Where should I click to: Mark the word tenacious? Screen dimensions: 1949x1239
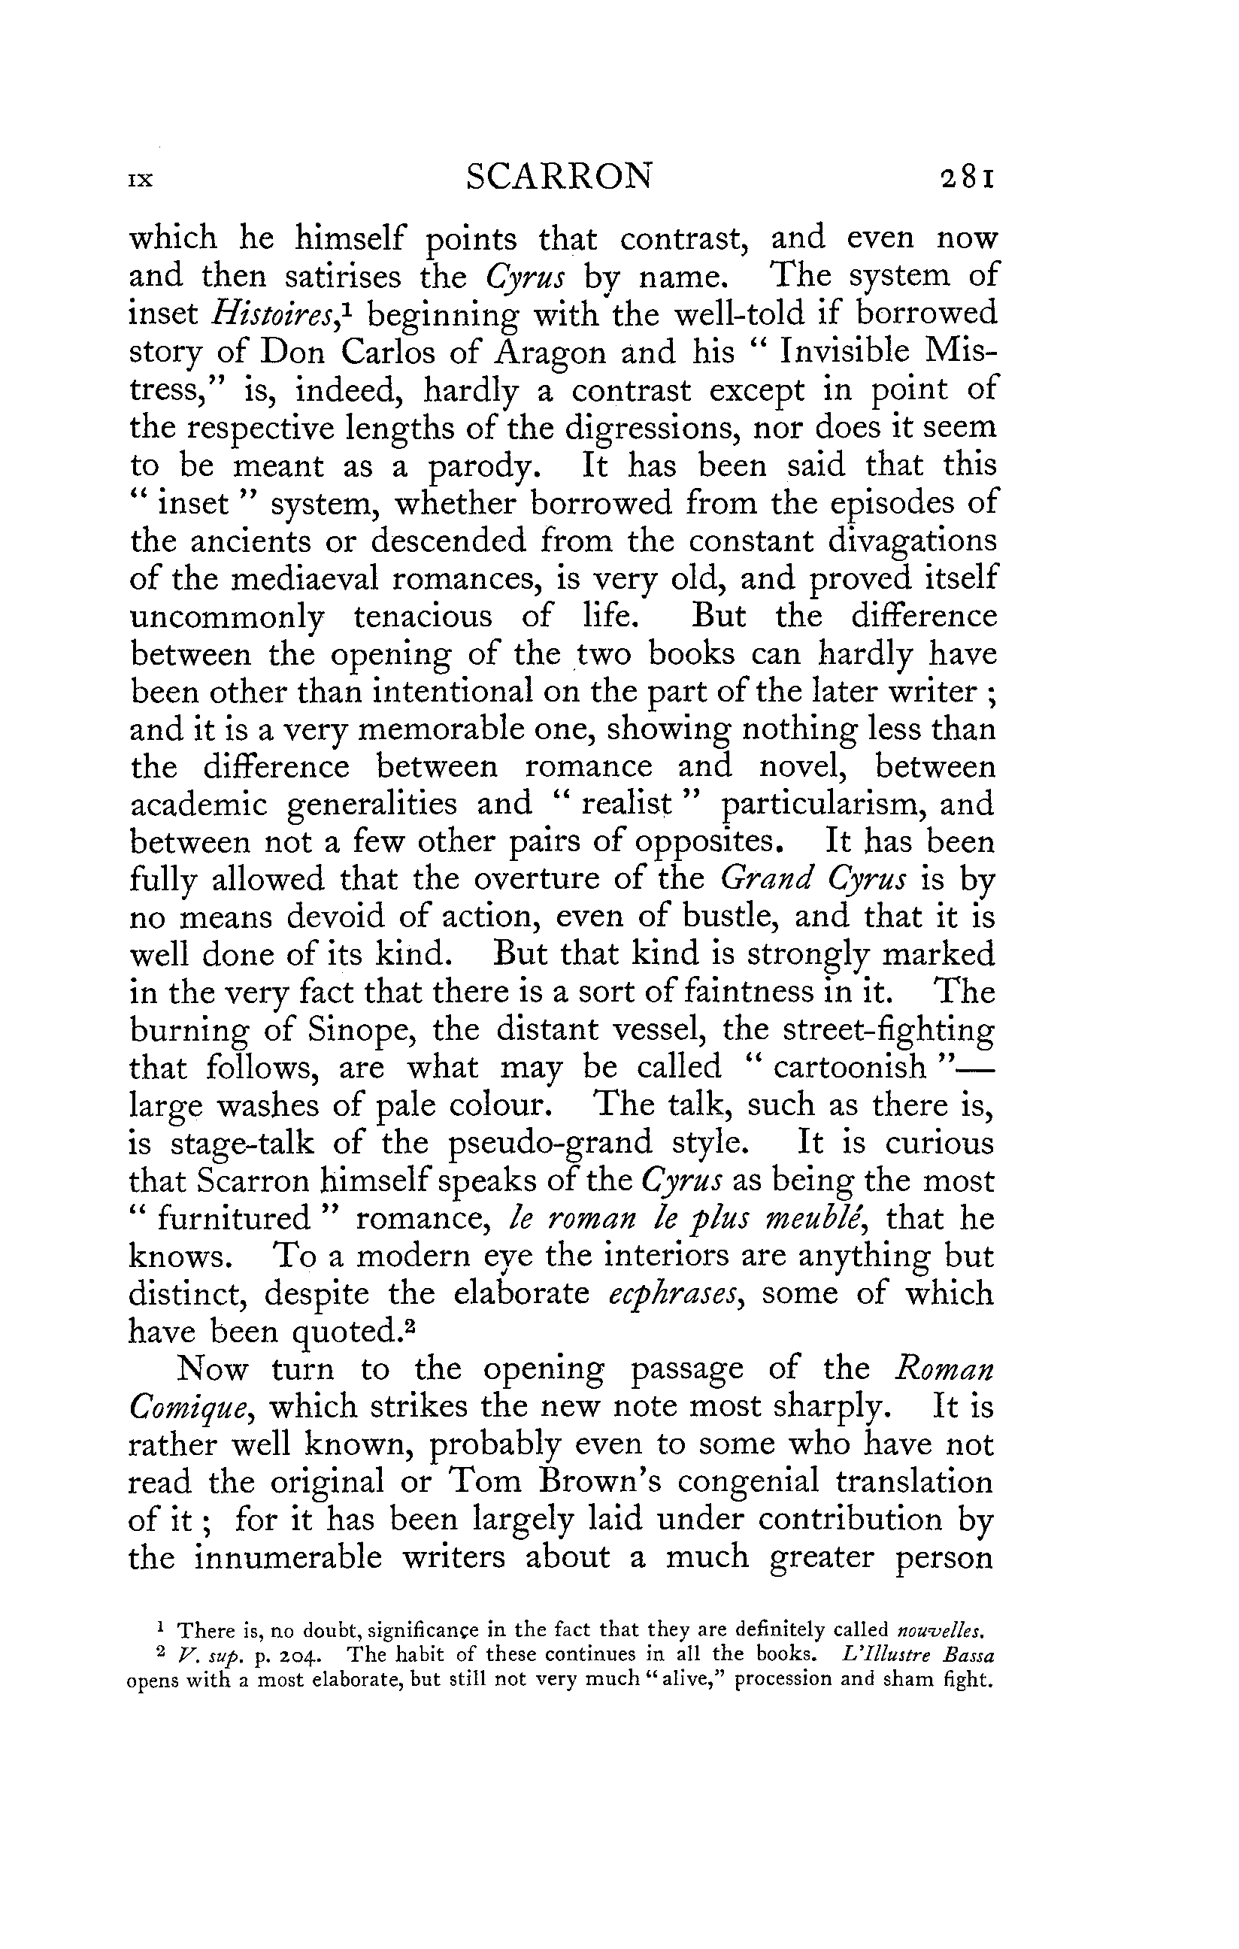[x=423, y=617]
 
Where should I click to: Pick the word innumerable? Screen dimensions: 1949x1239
[x=289, y=1557]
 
